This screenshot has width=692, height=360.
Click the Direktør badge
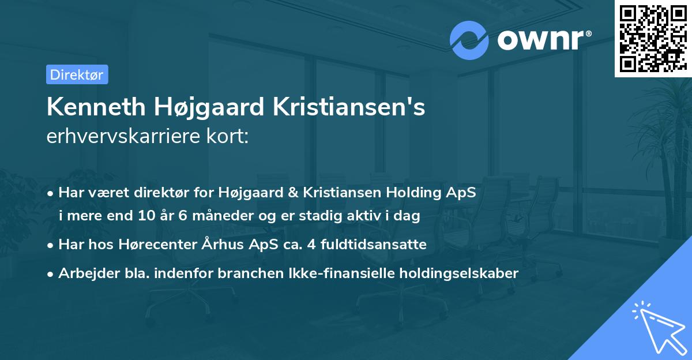[x=77, y=74]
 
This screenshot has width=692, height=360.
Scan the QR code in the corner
[x=652, y=38]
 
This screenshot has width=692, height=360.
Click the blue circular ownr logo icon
[x=469, y=40]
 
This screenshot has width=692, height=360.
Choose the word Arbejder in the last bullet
[x=84, y=273]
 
